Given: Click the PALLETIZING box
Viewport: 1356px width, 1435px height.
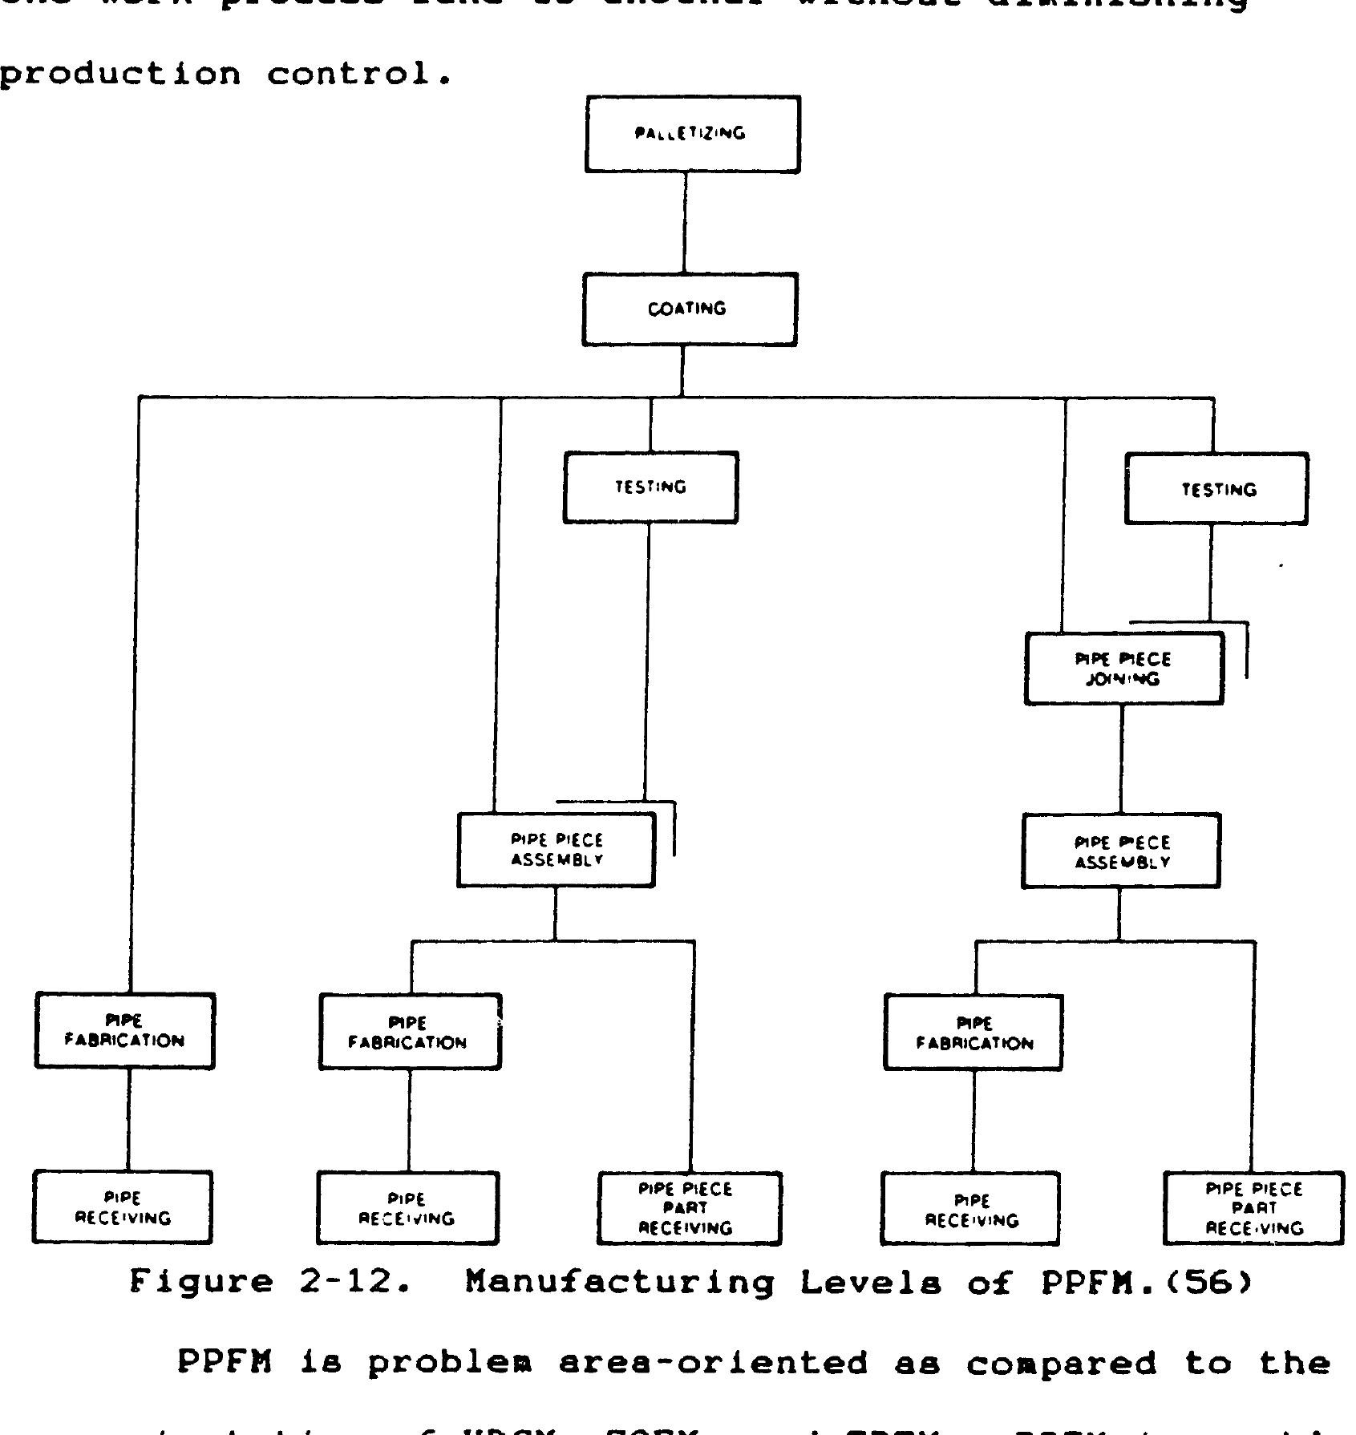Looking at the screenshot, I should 692,134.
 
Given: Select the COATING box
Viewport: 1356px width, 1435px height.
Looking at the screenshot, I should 690,309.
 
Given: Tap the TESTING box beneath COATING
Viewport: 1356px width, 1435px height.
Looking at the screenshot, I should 650,487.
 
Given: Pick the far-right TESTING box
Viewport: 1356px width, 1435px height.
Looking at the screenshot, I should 1216,489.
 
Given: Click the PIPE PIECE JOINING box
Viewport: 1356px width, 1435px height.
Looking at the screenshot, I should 1123,669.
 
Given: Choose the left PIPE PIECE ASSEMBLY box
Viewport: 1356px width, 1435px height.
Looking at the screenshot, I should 556,850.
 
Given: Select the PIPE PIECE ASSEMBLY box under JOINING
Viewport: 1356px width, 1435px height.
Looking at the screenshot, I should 1120,851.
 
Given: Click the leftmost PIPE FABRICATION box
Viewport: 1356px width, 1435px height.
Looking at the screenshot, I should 124,1031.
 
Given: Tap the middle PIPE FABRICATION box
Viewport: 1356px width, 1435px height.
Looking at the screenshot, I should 410,1033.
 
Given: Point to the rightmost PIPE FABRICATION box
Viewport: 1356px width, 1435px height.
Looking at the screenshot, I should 973,1033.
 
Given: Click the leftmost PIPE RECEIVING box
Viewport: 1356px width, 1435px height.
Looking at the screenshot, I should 123,1208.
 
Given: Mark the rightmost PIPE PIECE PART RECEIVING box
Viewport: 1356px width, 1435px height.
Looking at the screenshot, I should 1253,1209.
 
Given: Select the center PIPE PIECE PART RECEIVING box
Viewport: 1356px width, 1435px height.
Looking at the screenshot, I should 689,1209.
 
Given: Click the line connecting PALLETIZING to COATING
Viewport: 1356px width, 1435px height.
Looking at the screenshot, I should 685,223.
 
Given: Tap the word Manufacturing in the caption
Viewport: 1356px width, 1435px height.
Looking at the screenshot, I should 620,1284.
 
